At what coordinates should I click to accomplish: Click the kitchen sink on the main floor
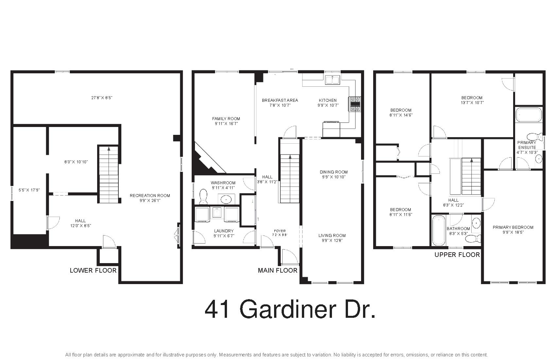coord(333,80)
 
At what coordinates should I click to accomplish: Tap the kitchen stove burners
coord(355,104)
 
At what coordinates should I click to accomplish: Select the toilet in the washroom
coord(203,197)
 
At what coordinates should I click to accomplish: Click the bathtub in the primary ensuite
coord(529,115)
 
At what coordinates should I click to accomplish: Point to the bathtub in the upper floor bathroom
coord(439,230)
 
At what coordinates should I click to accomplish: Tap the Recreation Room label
coord(150,195)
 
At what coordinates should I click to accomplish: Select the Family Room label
coord(226,119)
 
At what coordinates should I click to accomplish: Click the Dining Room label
coord(334,172)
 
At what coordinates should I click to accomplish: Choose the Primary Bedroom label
coord(513,227)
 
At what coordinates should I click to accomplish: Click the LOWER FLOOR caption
coord(93,271)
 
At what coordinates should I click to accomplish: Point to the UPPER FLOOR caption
coord(457,255)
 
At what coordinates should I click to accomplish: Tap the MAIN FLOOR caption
coord(277,271)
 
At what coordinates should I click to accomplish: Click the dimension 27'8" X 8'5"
coord(102,98)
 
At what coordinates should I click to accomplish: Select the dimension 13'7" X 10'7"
coord(472,103)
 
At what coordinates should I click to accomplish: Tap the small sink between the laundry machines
coord(217,213)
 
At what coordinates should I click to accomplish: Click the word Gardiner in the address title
coord(288,310)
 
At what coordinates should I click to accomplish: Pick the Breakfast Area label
coord(280,100)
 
